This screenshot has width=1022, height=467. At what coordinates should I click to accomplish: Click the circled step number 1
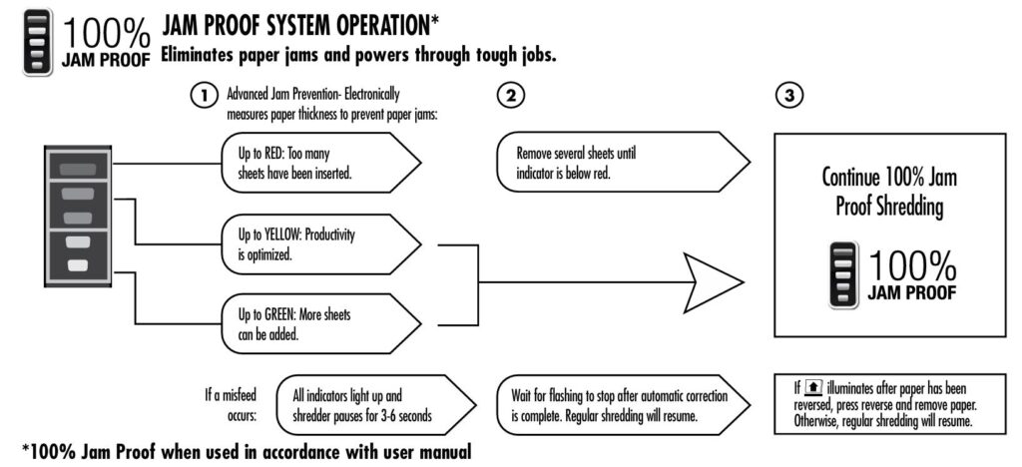click(x=204, y=96)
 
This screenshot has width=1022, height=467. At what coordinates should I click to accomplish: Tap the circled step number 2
click(x=510, y=96)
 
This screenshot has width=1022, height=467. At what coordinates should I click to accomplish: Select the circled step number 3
click(x=789, y=96)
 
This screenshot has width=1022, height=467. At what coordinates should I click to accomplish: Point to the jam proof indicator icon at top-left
click(x=38, y=42)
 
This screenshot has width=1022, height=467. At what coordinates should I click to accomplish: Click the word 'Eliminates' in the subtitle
click(x=204, y=55)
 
